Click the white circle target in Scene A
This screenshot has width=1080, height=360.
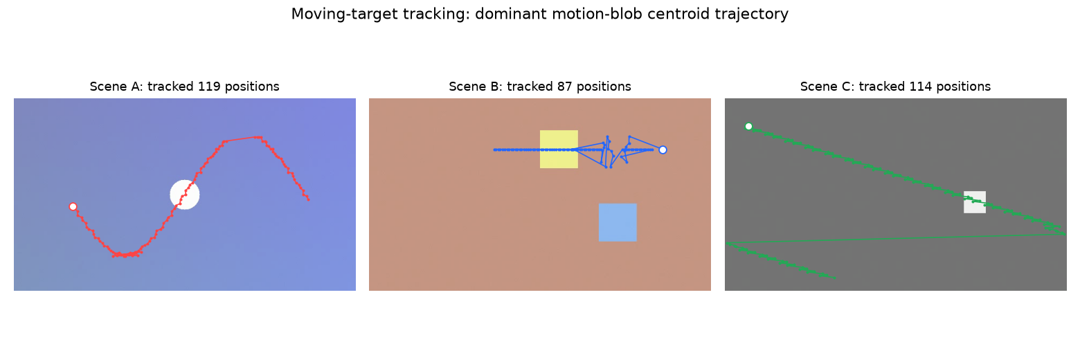pos(185,195)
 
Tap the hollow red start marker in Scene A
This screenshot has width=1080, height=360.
pos(73,207)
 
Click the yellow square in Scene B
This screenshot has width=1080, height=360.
pos(559,150)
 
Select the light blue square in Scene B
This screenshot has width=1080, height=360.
pos(618,222)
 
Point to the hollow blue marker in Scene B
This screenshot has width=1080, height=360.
pos(663,150)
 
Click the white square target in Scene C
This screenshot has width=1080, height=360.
pos(974,202)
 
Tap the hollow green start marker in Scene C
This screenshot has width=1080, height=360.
pos(748,126)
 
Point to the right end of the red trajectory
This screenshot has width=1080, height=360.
pos(309,200)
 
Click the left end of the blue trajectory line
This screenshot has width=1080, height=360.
pos(495,150)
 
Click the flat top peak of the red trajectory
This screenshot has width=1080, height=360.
pos(242,139)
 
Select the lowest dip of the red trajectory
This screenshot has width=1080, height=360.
pos(125,255)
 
